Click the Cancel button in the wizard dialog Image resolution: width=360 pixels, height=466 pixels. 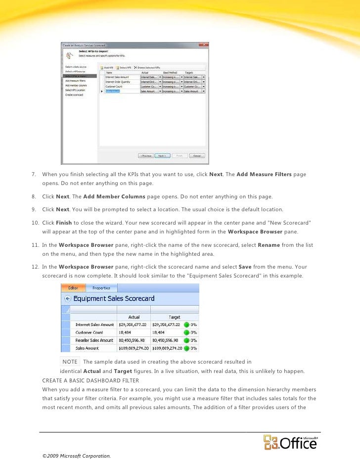pos(197,155)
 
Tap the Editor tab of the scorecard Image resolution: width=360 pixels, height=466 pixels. pos(73,287)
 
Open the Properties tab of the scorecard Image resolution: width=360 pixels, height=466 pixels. pos(101,287)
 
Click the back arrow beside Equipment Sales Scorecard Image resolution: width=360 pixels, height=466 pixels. pos(66,299)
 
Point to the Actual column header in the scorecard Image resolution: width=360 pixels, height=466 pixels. pos(134,317)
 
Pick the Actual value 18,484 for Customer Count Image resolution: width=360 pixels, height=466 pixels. pos(127,332)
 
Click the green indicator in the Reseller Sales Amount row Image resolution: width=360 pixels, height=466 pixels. pos(186,340)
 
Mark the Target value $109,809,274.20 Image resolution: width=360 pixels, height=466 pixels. pos(167,348)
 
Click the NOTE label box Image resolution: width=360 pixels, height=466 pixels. pos(70,362)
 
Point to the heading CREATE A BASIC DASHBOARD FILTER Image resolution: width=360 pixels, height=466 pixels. pos(90,380)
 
